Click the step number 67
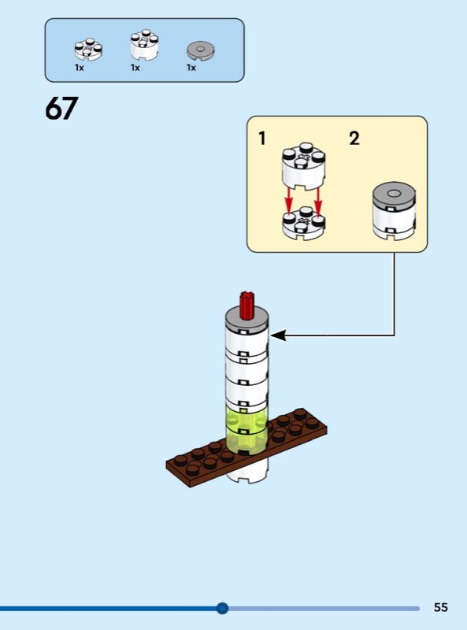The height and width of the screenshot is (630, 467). click(61, 108)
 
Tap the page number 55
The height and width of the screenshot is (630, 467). click(440, 607)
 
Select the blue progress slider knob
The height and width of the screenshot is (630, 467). click(222, 608)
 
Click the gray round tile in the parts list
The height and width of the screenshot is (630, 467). click(200, 51)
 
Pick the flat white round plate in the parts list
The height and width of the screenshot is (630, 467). click(88, 50)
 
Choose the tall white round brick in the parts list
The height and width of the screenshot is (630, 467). click(144, 45)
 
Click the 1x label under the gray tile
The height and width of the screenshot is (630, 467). click(191, 68)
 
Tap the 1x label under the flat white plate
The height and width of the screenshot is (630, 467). click(80, 68)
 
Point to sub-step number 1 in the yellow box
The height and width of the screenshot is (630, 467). click(262, 139)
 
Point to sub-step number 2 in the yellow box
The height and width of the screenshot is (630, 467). click(354, 139)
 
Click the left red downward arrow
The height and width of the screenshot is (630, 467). click(288, 201)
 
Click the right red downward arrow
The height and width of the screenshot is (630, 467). click(318, 201)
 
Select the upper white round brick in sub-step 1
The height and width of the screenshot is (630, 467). click(304, 166)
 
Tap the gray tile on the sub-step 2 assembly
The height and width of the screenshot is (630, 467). click(394, 195)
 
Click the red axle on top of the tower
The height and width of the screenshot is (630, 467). click(247, 306)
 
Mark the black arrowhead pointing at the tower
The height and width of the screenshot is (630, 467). click(279, 335)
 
